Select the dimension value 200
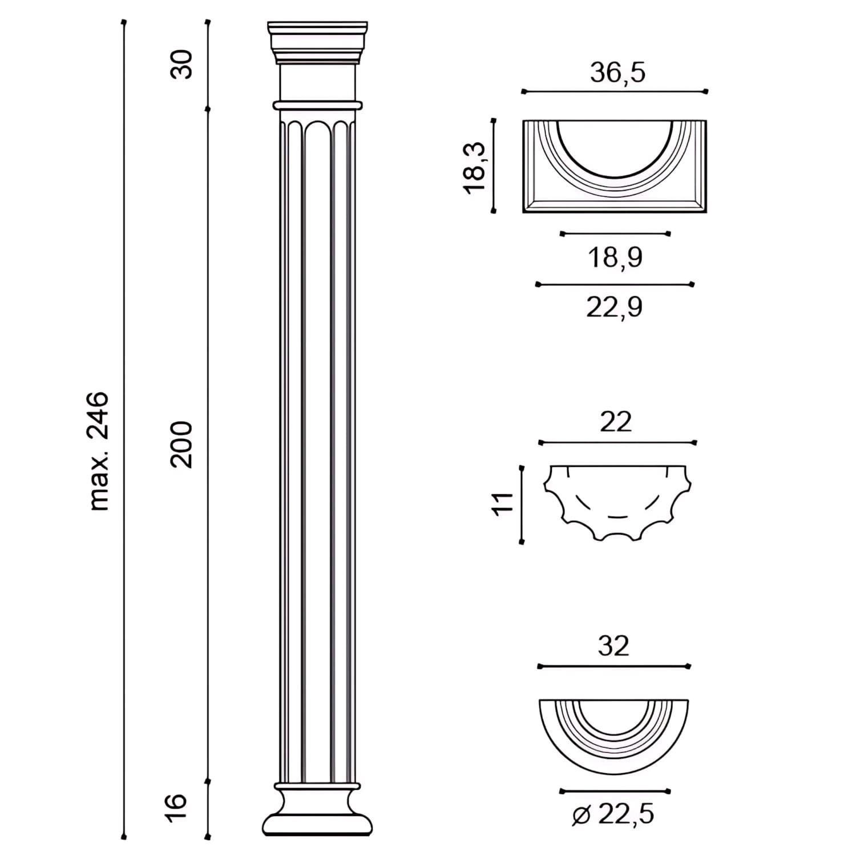coord(183,445)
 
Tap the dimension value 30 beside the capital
coord(183,64)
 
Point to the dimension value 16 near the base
coord(178,806)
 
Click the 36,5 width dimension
coord(617,72)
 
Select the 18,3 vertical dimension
coord(475,168)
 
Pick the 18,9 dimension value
coord(615,257)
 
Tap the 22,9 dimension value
coord(614,307)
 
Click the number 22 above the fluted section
coord(616,422)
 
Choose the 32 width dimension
coord(613,646)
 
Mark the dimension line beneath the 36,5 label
coord(615,91)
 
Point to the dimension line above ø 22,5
coord(615,792)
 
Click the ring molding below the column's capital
coord(317,106)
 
